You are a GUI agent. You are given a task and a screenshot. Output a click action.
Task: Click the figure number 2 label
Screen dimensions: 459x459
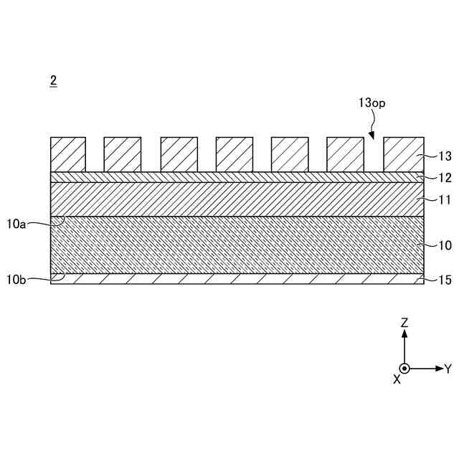click(x=53, y=80)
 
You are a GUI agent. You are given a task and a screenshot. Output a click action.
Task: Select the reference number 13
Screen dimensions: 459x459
click(x=445, y=156)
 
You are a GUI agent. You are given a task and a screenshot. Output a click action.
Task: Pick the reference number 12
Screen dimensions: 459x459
click(x=445, y=177)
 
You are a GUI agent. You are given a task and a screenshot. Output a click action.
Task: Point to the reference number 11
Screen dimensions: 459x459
click(x=444, y=199)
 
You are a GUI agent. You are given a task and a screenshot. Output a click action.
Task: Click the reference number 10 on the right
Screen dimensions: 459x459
click(x=445, y=245)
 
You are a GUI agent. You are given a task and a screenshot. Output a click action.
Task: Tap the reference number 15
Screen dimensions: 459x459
click(x=445, y=280)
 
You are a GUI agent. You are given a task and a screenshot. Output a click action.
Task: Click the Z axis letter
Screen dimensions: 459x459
click(x=404, y=323)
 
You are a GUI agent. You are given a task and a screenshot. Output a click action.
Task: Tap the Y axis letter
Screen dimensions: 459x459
click(x=448, y=369)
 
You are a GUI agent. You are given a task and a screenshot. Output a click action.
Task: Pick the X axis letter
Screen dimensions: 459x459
click(x=397, y=379)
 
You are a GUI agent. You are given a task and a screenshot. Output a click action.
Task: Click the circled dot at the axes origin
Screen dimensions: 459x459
click(x=404, y=369)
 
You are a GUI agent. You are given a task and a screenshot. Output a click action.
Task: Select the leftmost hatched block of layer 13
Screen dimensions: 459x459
click(x=68, y=154)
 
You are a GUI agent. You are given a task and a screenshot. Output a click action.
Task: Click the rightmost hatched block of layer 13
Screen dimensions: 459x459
click(x=402, y=154)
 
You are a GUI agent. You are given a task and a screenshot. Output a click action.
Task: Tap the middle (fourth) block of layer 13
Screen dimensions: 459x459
click(x=235, y=154)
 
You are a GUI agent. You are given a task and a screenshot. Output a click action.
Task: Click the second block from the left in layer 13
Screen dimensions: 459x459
click(x=123, y=154)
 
